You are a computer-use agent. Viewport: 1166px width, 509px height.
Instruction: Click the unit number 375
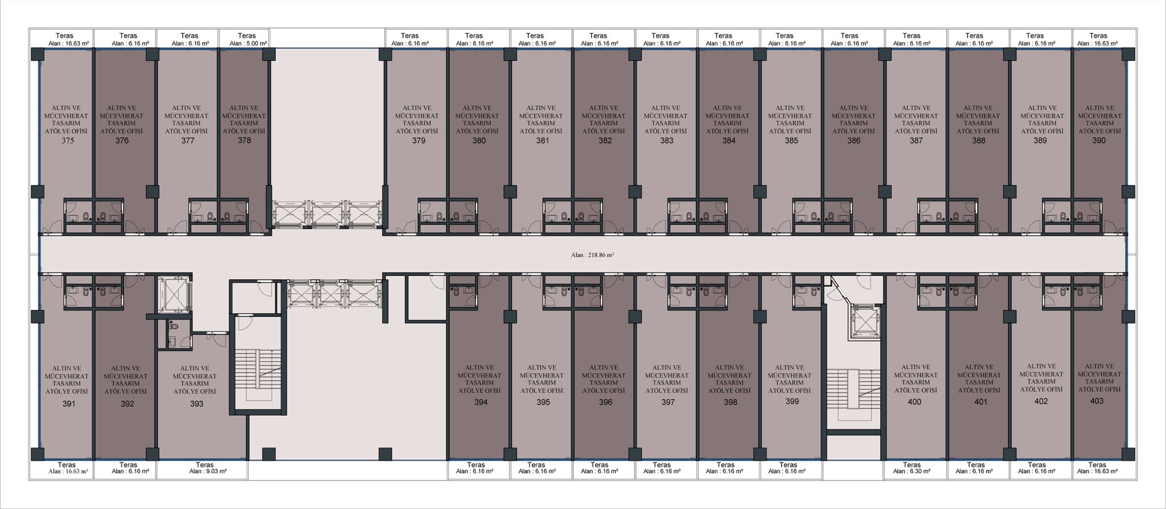click(x=68, y=140)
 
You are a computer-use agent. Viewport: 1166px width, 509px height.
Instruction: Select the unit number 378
click(x=244, y=140)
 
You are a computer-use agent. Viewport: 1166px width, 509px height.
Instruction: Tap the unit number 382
click(x=605, y=140)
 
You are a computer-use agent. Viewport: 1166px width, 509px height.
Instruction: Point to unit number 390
click(x=1099, y=140)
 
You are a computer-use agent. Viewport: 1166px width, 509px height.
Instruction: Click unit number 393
click(x=196, y=404)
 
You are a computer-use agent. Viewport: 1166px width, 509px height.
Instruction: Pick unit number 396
click(x=605, y=402)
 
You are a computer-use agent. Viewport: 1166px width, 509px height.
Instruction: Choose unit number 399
click(x=792, y=401)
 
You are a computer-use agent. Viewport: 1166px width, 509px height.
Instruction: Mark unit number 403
click(x=1097, y=401)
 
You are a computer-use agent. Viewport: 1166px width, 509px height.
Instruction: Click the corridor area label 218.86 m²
click(x=592, y=255)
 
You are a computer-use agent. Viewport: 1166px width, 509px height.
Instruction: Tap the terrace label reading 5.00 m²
click(x=247, y=43)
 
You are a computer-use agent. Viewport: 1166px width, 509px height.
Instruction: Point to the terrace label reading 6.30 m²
click(x=912, y=471)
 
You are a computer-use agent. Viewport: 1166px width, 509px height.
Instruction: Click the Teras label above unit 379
click(x=409, y=36)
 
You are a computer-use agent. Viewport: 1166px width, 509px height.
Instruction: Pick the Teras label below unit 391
click(x=67, y=465)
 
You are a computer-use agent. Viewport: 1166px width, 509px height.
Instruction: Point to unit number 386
click(x=853, y=140)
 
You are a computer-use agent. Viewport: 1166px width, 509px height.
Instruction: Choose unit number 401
click(x=980, y=402)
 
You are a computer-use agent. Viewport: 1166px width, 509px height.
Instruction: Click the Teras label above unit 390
click(x=1098, y=36)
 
